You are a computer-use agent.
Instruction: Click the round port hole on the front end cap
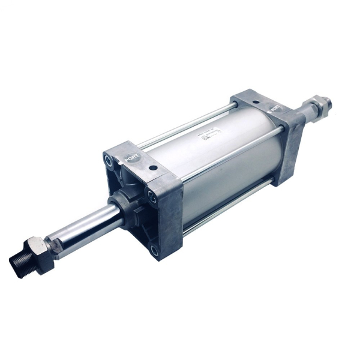(153, 169)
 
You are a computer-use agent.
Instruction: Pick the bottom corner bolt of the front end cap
(155, 250)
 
